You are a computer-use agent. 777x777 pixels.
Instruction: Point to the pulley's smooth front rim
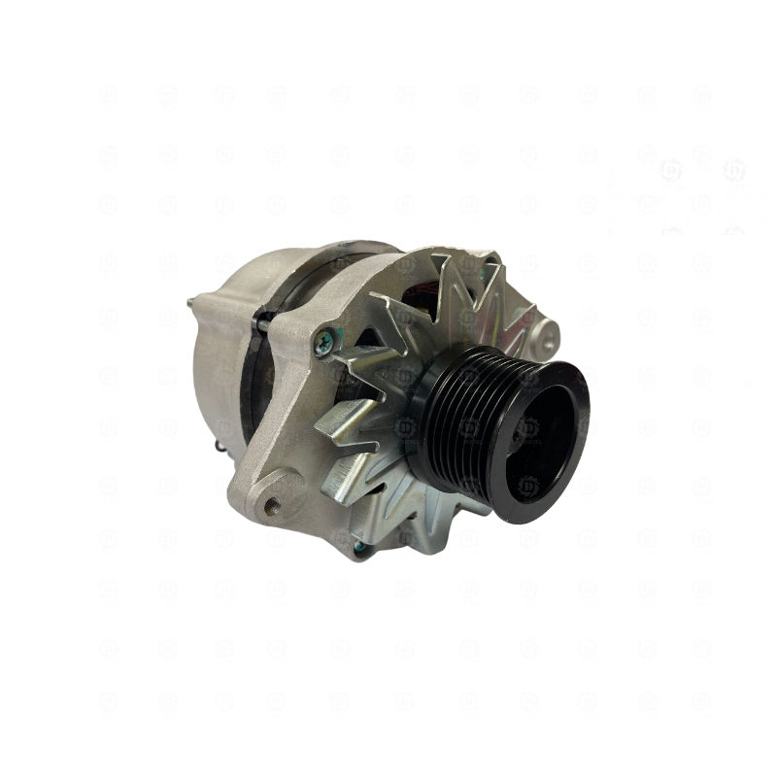pyautogui.click(x=573, y=388)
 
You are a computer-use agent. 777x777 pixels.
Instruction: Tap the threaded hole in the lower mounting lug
pyautogui.click(x=273, y=504)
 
